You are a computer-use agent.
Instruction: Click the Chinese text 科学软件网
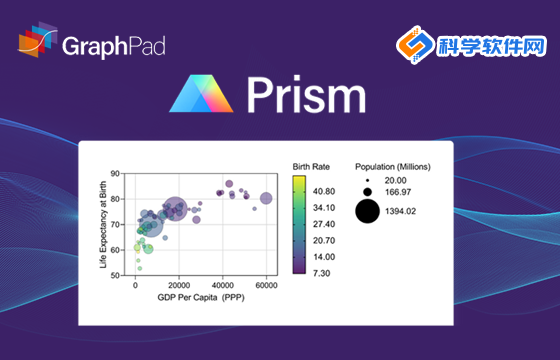coord(492,46)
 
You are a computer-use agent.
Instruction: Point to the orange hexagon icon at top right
coord(413,47)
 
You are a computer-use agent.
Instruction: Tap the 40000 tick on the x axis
coord(222,285)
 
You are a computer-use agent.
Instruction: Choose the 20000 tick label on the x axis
coord(179,285)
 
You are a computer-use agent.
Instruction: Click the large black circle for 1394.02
coord(367,211)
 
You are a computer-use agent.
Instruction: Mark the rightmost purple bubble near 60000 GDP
coord(266,198)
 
